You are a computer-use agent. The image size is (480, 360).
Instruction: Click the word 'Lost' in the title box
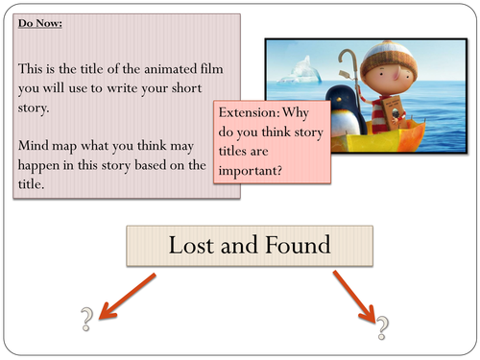(188, 246)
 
